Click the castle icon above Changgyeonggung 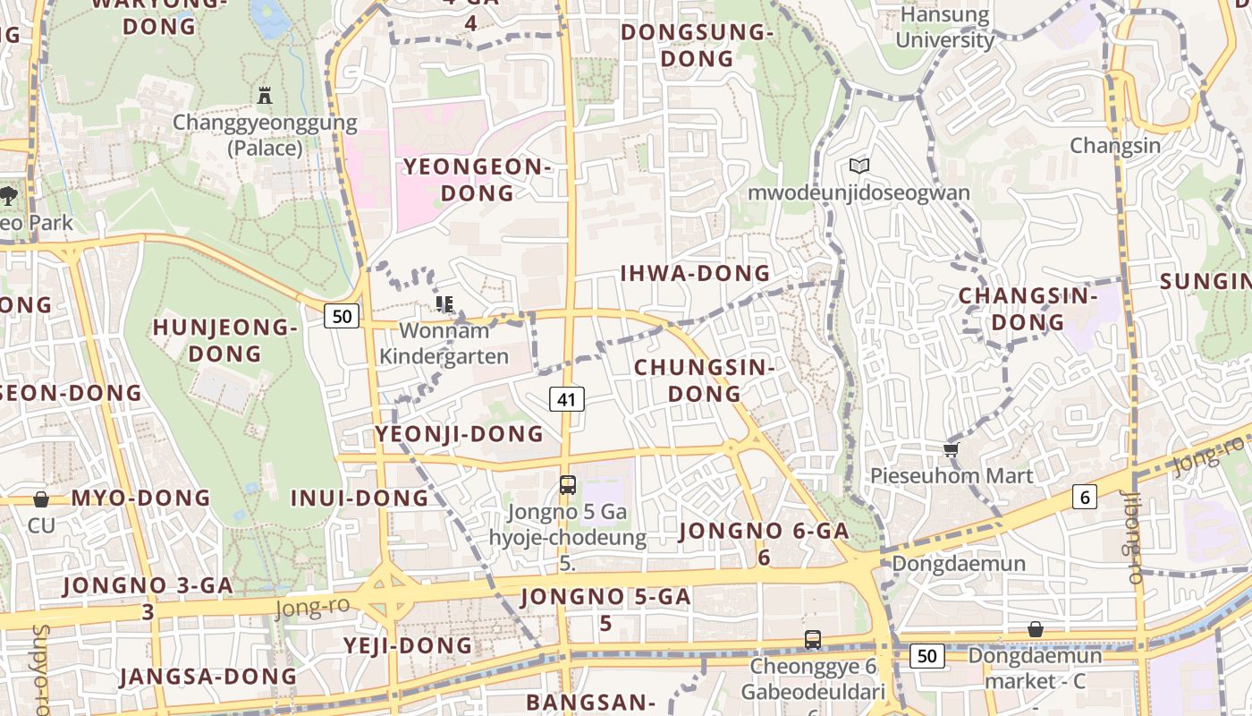264,95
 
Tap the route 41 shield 567,399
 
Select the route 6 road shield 1085,497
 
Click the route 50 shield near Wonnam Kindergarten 342,315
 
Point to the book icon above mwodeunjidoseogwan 859,166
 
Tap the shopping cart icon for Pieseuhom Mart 952,449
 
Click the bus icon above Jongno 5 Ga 567,485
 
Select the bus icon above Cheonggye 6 812,640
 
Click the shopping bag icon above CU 41,499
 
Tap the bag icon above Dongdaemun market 1036,629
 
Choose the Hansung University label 944,28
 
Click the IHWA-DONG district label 695,273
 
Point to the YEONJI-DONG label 460,434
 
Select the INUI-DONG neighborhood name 360,498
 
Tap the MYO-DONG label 140,498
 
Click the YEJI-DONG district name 408,645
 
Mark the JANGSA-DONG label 208,676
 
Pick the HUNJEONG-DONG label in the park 224,340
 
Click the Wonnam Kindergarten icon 444,304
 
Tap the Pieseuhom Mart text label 952,475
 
